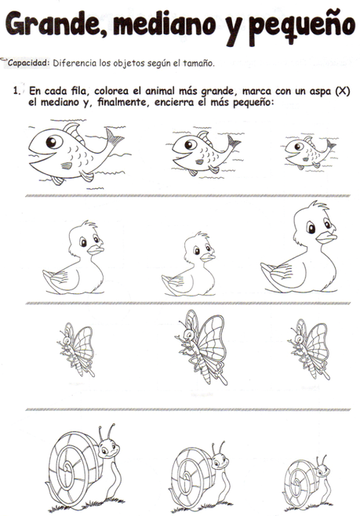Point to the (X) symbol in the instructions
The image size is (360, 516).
(x=340, y=93)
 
